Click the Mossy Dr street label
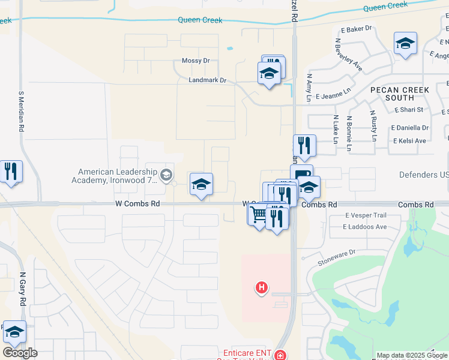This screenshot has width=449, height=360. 196,61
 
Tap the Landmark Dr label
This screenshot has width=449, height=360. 206,80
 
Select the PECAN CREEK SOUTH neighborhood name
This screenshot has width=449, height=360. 400,94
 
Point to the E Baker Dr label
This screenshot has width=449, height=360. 357,28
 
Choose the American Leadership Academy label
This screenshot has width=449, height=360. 117,175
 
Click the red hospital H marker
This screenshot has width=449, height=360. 261,288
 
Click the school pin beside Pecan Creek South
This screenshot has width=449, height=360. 405,43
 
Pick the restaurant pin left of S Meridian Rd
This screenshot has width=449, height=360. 10,172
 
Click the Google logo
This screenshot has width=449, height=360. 19,352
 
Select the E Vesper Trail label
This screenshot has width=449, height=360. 366,215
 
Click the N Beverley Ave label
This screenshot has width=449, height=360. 348,55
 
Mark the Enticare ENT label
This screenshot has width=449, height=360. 249,353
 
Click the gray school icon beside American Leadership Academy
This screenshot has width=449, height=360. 166,176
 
